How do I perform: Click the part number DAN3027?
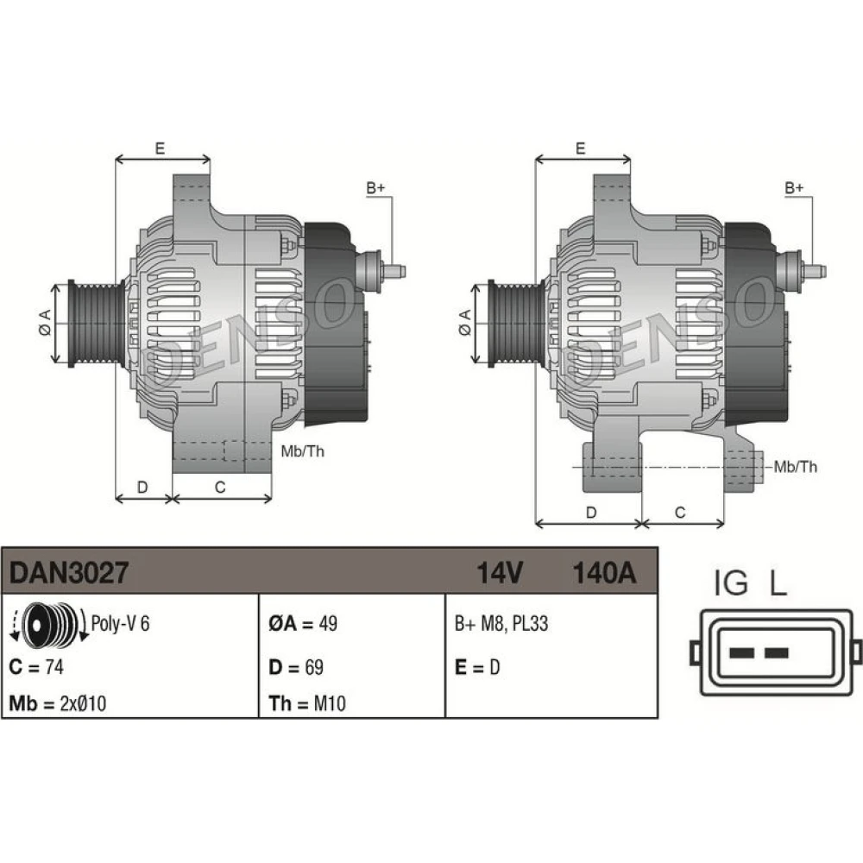point(69,572)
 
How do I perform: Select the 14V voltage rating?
point(499,572)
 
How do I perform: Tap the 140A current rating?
point(604,572)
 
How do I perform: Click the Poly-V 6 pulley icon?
point(48,624)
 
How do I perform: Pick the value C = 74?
point(36,667)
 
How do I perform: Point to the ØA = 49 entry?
point(303,624)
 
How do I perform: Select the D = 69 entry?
point(296,667)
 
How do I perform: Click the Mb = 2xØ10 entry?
point(58,703)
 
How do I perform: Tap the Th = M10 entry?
point(307,703)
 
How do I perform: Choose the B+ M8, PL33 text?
point(501,624)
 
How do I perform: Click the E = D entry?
point(477,667)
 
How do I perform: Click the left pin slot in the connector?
point(740,653)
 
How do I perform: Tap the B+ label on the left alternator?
point(376,187)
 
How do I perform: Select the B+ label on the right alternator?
point(794,187)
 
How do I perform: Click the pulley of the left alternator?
point(97,324)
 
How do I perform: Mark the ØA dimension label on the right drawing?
point(465,323)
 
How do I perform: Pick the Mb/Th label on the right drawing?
point(796,467)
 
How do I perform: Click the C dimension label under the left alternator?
point(220,487)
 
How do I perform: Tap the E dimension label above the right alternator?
point(581,148)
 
